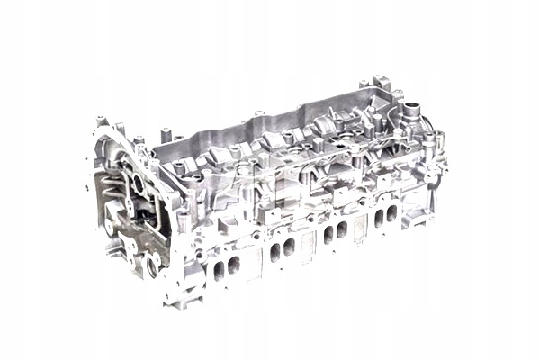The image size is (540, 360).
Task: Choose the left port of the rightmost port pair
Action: (380, 216)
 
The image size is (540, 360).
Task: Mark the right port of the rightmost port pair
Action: (392, 211)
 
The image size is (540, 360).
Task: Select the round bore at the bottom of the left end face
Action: (153, 263)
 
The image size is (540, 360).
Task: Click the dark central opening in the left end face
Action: (137, 187)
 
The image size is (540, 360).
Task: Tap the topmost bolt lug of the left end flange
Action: (98, 120)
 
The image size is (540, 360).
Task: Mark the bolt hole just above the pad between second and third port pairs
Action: (310, 219)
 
